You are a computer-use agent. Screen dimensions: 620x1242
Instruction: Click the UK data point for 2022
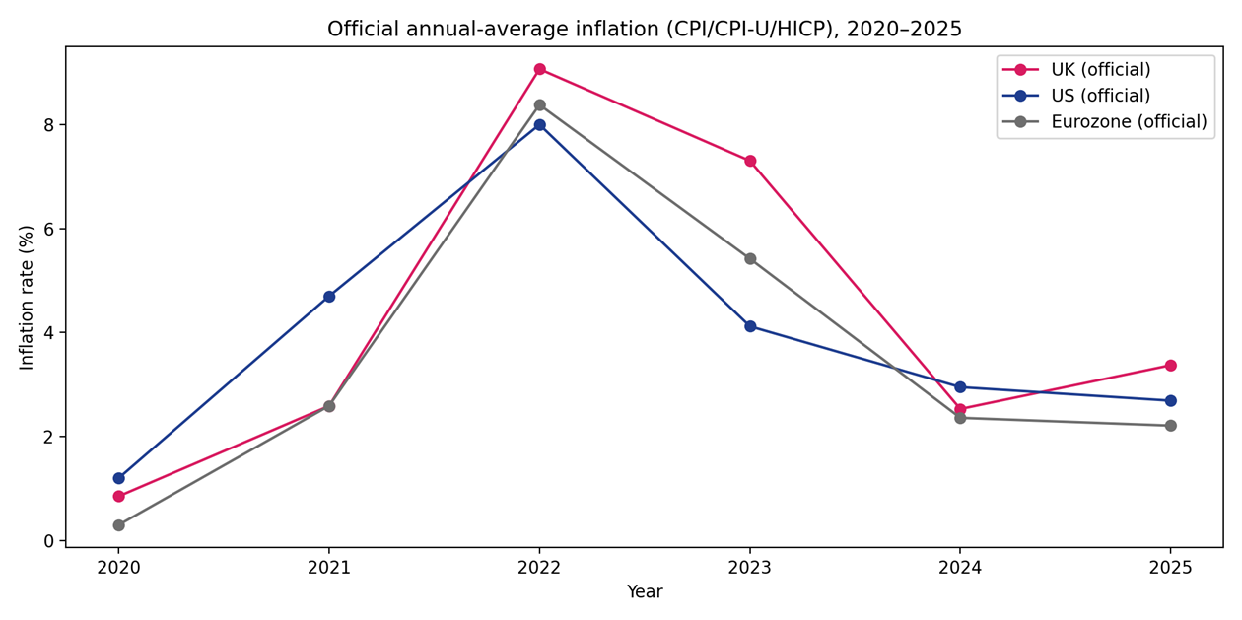(x=539, y=69)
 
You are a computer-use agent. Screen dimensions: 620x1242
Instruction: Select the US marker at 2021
(x=329, y=297)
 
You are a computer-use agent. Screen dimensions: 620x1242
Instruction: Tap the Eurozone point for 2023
(x=750, y=259)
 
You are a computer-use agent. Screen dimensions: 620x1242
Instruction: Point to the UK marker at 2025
(x=1170, y=366)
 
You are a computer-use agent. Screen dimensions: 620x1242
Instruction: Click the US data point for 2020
(x=118, y=478)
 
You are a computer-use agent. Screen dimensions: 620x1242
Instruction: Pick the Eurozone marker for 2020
(x=118, y=525)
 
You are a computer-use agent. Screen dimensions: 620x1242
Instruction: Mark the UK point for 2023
(x=750, y=161)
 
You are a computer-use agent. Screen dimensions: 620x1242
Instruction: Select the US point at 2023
(x=750, y=326)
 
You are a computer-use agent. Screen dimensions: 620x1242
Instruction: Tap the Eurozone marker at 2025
(x=1170, y=426)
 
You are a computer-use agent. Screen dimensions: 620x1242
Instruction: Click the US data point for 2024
(x=960, y=387)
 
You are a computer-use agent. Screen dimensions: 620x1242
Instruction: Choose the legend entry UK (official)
(x=1100, y=70)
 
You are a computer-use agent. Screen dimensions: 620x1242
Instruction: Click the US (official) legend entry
(x=1100, y=96)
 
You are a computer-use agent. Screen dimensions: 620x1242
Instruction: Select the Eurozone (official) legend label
(x=1128, y=122)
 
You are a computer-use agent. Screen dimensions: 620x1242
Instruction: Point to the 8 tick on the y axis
(x=49, y=125)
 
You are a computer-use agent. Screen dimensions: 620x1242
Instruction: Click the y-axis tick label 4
(x=49, y=333)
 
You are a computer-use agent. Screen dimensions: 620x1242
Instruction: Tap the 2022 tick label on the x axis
(x=539, y=569)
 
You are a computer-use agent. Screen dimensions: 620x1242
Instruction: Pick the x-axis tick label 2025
(x=1170, y=569)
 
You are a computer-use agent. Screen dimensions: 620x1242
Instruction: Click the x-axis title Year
(x=645, y=592)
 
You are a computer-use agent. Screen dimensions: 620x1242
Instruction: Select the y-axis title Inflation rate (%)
(x=27, y=297)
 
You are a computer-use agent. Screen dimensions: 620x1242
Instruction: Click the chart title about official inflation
(x=645, y=29)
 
